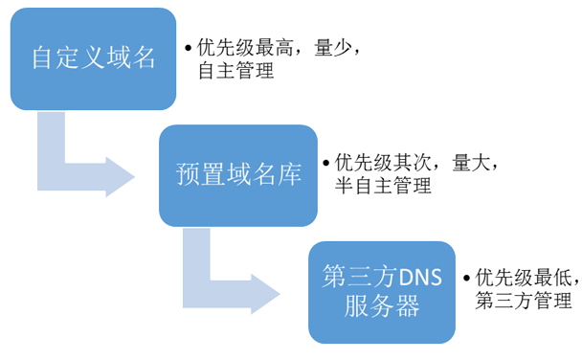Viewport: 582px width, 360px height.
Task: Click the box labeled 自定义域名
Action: click(93, 58)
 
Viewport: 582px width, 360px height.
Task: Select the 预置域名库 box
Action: click(238, 175)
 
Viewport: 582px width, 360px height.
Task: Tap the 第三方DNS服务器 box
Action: click(382, 292)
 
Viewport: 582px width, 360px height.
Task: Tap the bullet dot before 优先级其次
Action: click(326, 164)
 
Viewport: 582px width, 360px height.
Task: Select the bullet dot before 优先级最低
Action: click(467, 279)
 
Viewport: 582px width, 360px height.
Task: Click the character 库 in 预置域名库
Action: click(289, 175)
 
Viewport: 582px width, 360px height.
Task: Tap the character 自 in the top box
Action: click(42, 58)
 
